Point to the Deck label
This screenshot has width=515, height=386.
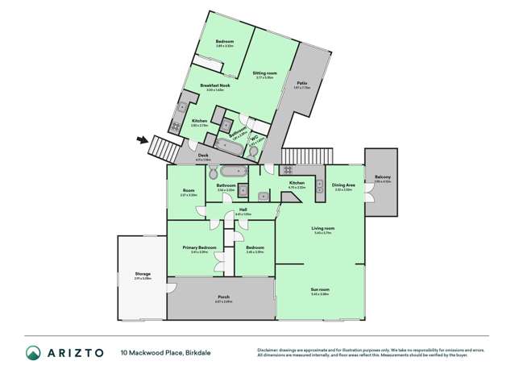coord(203,156)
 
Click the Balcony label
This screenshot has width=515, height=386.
coord(382,176)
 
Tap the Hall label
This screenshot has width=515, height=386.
coord(243,210)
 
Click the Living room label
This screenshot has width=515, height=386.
coord(323,228)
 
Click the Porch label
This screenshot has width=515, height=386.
coord(223,297)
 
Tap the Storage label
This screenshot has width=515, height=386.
coord(143,274)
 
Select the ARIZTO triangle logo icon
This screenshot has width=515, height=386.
coord(32,352)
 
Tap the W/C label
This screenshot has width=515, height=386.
coord(254,138)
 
